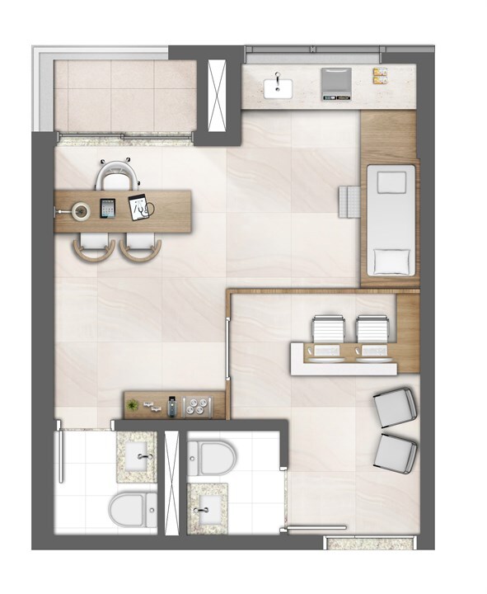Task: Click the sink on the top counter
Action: (x=278, y=85)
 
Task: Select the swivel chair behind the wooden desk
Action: (x=115, y=176)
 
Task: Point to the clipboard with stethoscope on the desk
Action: (x=139, y=206)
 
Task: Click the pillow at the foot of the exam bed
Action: (x=391, y=262)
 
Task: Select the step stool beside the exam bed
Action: (x=349, y=200)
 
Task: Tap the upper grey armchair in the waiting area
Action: (x=395, y=407)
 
